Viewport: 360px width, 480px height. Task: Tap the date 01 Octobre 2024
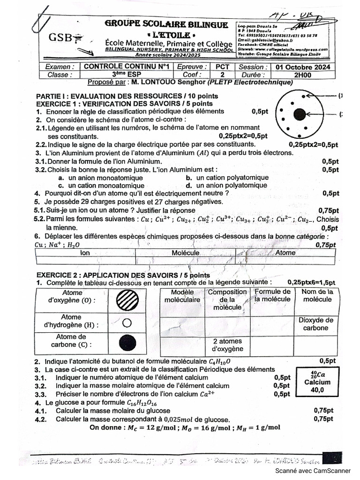coord(303,67)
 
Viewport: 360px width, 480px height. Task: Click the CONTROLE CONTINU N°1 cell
coord(126,67)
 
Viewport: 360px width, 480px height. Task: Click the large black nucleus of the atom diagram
coord(300,114)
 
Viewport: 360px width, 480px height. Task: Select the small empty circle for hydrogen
coord(126,322)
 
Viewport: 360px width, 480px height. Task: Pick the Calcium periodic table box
coord(314,382)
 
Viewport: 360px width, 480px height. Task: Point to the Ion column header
coord(85,253)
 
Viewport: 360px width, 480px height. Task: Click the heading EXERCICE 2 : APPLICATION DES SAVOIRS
coord(124,275)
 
